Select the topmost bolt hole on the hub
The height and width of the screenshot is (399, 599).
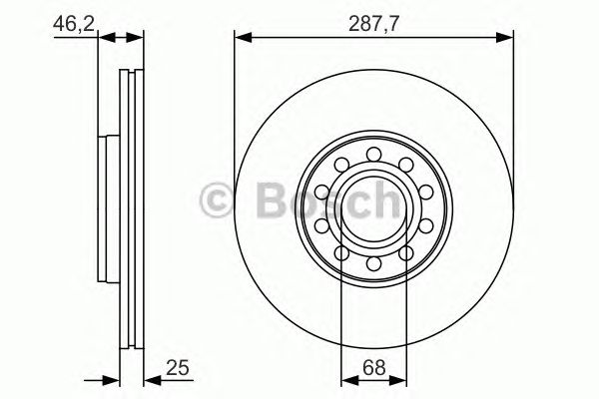(x=373, y=154)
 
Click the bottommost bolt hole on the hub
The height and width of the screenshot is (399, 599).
(x=373, y=264)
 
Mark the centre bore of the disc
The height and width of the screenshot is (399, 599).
(x=373, y=209)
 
